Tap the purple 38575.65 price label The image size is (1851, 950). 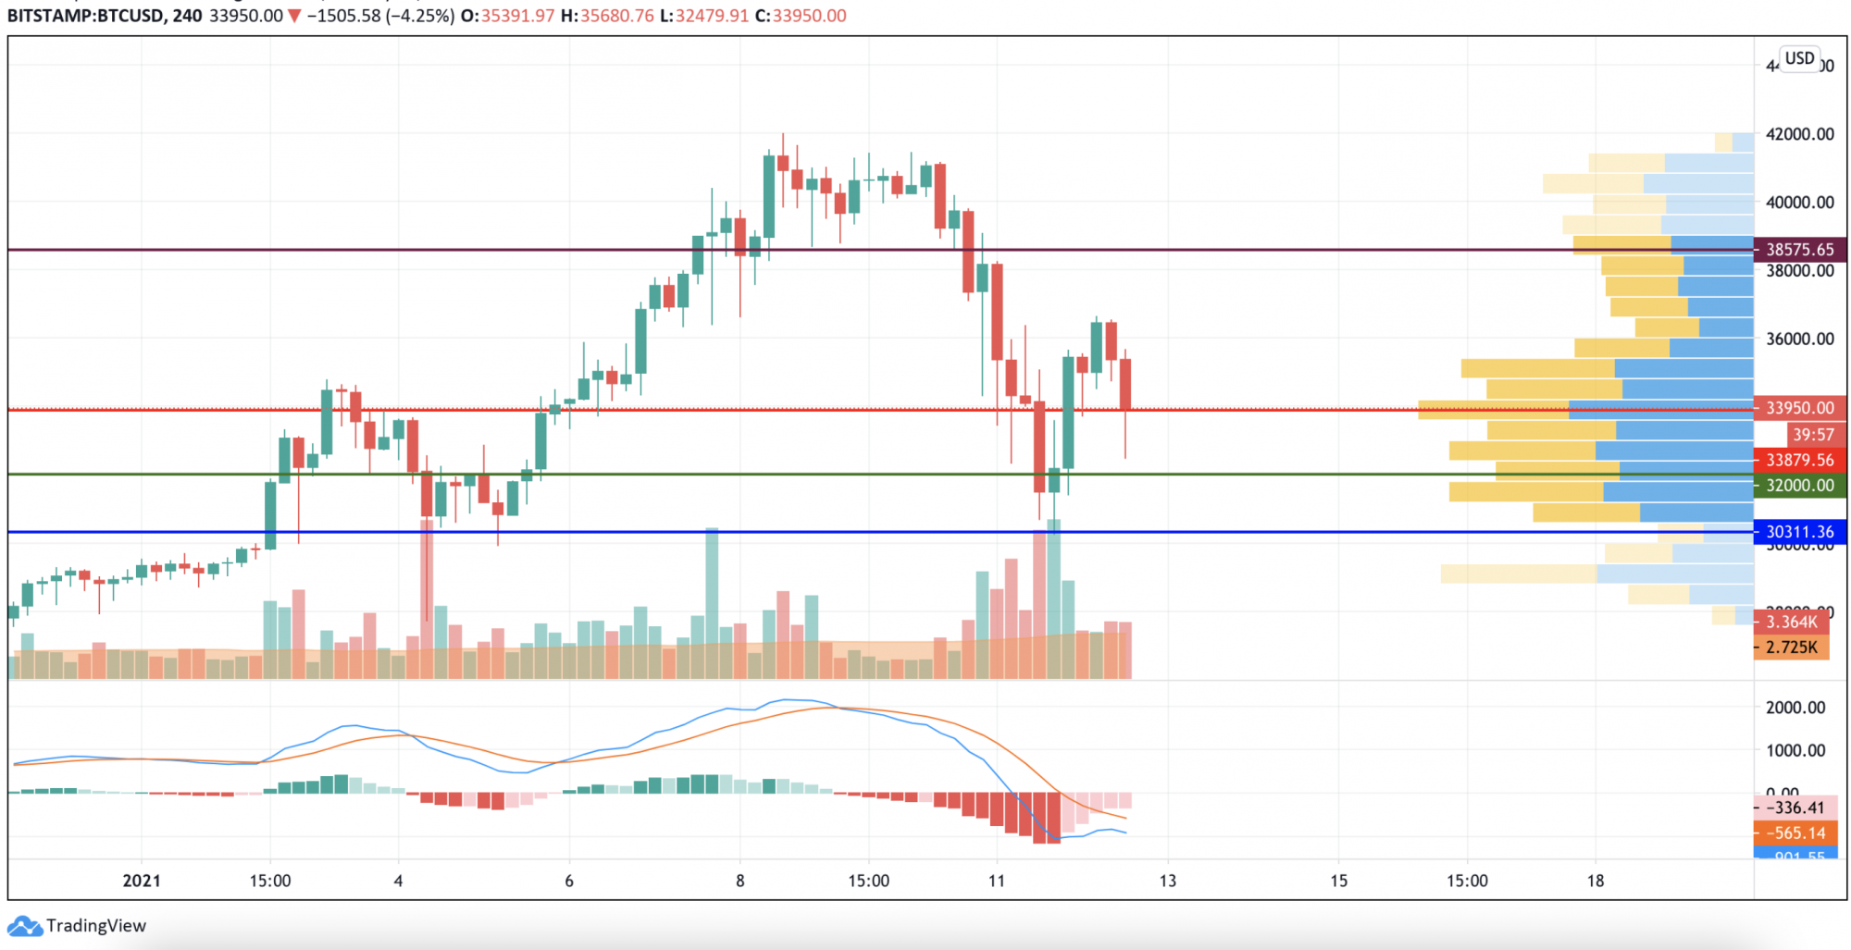point(1799,250)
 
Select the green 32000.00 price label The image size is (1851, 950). point(1799,486)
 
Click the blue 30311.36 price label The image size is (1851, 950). point(1799,532)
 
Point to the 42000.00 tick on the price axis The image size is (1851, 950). point(1799,134)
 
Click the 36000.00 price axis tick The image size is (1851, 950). point(1799,339)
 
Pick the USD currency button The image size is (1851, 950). point(1799,58)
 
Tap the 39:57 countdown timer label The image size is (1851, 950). point(1811,435)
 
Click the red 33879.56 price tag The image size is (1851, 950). point(1799,460)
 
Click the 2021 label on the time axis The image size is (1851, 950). point(142,881)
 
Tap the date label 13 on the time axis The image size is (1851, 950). point(1168,881)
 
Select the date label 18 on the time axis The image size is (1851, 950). point(1596,881)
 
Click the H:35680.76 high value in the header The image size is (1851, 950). point(607,16)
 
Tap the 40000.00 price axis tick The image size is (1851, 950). point(1799,203)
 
